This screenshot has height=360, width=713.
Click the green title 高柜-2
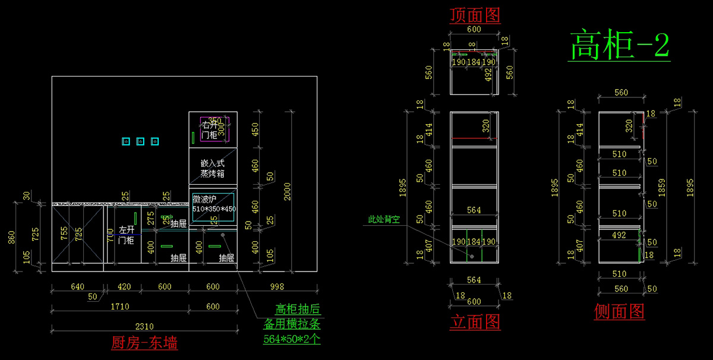tap(620, 46)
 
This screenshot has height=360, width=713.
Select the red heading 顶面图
tap(475, 15)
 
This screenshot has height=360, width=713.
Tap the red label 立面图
tap(475, 322)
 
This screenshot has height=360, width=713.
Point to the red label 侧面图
tap(620, 311)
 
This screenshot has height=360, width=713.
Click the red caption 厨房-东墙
tap(144, 343)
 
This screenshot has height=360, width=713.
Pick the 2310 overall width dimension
tap(144, 326)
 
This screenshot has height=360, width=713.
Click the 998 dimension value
tap(277, 286)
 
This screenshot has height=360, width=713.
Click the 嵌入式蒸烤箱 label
tap(212, 168)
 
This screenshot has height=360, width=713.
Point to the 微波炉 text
tap(206, 199)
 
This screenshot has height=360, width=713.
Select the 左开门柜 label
tap(126, 235)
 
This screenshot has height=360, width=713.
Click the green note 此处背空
tap(384, 219)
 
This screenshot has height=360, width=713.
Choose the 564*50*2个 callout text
tap(292, 339)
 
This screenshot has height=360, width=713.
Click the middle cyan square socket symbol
tap(140, 141)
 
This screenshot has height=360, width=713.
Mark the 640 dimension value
tap(77, 286)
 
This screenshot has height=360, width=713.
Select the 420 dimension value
tap(124, 286)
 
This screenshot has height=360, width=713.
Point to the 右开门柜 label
tap(209, 130)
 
